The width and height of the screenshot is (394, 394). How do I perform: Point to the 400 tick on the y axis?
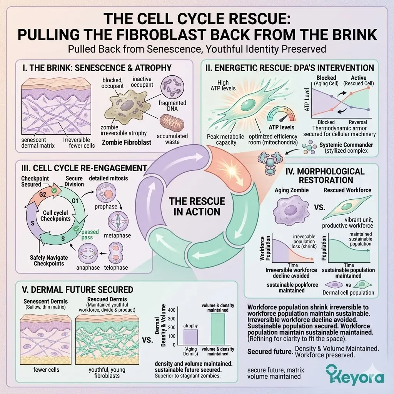pyautogui.click(x=171, y=310)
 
